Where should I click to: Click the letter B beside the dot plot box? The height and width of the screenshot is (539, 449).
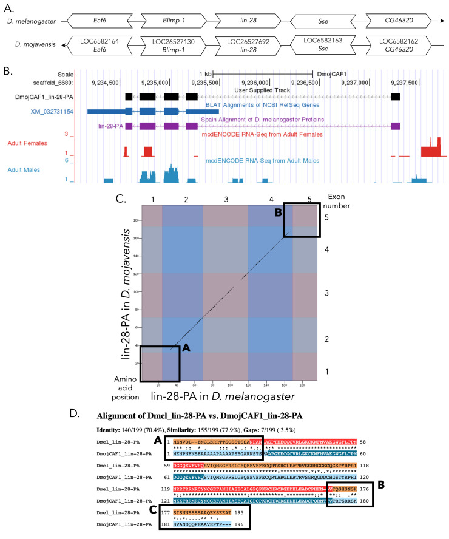coord(279,213)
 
